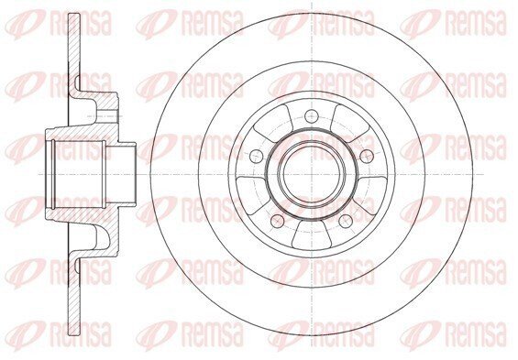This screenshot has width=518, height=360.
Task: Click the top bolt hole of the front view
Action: click(x=311, y=115)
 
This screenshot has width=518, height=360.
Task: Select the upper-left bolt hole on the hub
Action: click(x=256, y=156)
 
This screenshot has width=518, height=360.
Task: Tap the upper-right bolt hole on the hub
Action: click(x=367, y=156)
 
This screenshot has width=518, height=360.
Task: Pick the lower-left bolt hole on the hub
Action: click(x=277, y=221)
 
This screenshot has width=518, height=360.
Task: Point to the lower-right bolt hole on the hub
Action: click(x=346, y=221)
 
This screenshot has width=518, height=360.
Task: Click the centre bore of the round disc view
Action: click(x=311, y=174)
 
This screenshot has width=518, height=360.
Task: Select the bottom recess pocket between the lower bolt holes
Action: click(x=311, y=235)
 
